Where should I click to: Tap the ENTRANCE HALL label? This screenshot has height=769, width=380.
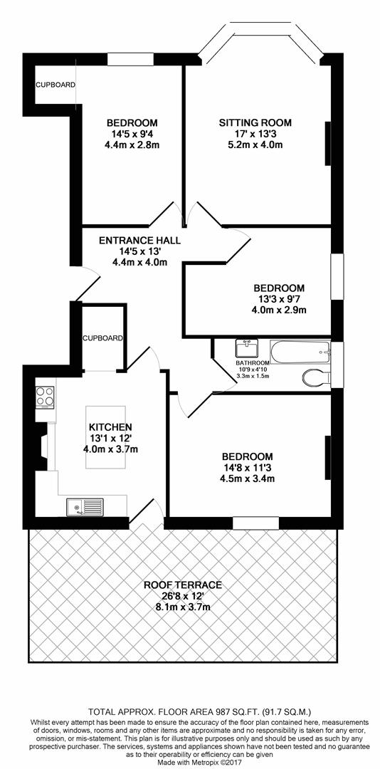[x=139, y=241]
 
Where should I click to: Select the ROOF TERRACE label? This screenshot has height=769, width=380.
[x=183, y=585]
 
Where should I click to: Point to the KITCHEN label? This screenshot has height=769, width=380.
[x=110, y=427]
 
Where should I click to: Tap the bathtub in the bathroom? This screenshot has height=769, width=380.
[x=300, y=352]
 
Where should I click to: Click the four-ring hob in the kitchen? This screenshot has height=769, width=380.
[x=45, y=397]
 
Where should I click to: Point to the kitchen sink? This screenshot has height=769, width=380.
[x=85, y=507]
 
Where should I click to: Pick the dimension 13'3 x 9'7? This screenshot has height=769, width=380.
[x=278, y=298]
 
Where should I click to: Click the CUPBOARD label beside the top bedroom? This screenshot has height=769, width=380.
[x=56, y=85]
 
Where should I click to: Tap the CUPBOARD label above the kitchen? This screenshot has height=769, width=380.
[x=102, y=338]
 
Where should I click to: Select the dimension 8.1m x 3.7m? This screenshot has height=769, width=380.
[x=183, y=608]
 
